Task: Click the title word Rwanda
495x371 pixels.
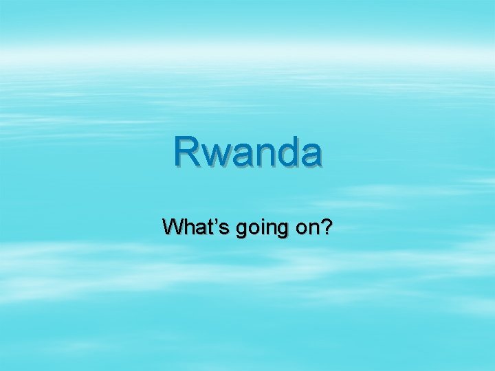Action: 247,152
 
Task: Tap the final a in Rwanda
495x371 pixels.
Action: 309,156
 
